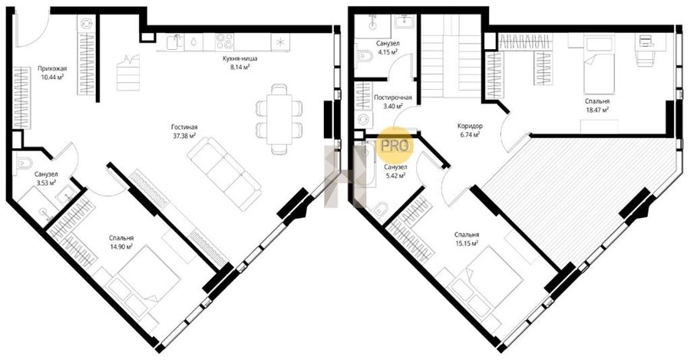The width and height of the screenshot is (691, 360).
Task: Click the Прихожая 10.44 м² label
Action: click(52, 72)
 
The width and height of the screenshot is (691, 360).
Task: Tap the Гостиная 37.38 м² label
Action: click(184, 131)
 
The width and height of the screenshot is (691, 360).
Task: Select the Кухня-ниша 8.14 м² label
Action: click(240, 62)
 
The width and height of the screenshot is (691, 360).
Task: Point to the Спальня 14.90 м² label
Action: click(121, 242)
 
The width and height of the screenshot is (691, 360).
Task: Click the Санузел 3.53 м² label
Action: click(46, 178)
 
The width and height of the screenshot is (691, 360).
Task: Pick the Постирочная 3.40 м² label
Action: click(392, 101)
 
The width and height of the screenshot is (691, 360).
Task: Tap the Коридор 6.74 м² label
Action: click(470, 130)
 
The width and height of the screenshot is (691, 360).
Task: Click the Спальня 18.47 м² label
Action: click(597, 105)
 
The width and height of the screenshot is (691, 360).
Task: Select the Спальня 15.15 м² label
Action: click(467, 239)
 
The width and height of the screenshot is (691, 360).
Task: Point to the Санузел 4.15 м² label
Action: click(388, 48)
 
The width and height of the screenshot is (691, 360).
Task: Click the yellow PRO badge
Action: click(395, 146)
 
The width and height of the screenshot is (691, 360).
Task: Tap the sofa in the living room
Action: click(223, 169)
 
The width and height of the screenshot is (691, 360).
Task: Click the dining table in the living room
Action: click(279, 118)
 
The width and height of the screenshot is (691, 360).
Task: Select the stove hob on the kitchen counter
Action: click(225, 41)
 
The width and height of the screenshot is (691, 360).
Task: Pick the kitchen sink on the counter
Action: click(177, 42)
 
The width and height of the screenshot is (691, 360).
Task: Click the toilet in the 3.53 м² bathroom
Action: click(21, 163)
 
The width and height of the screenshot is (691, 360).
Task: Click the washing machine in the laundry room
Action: click(363, 119)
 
